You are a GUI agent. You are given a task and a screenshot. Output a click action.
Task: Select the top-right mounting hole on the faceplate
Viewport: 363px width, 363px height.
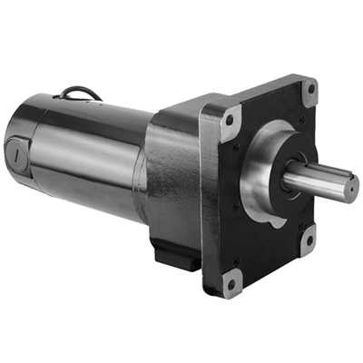pos(309,90)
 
